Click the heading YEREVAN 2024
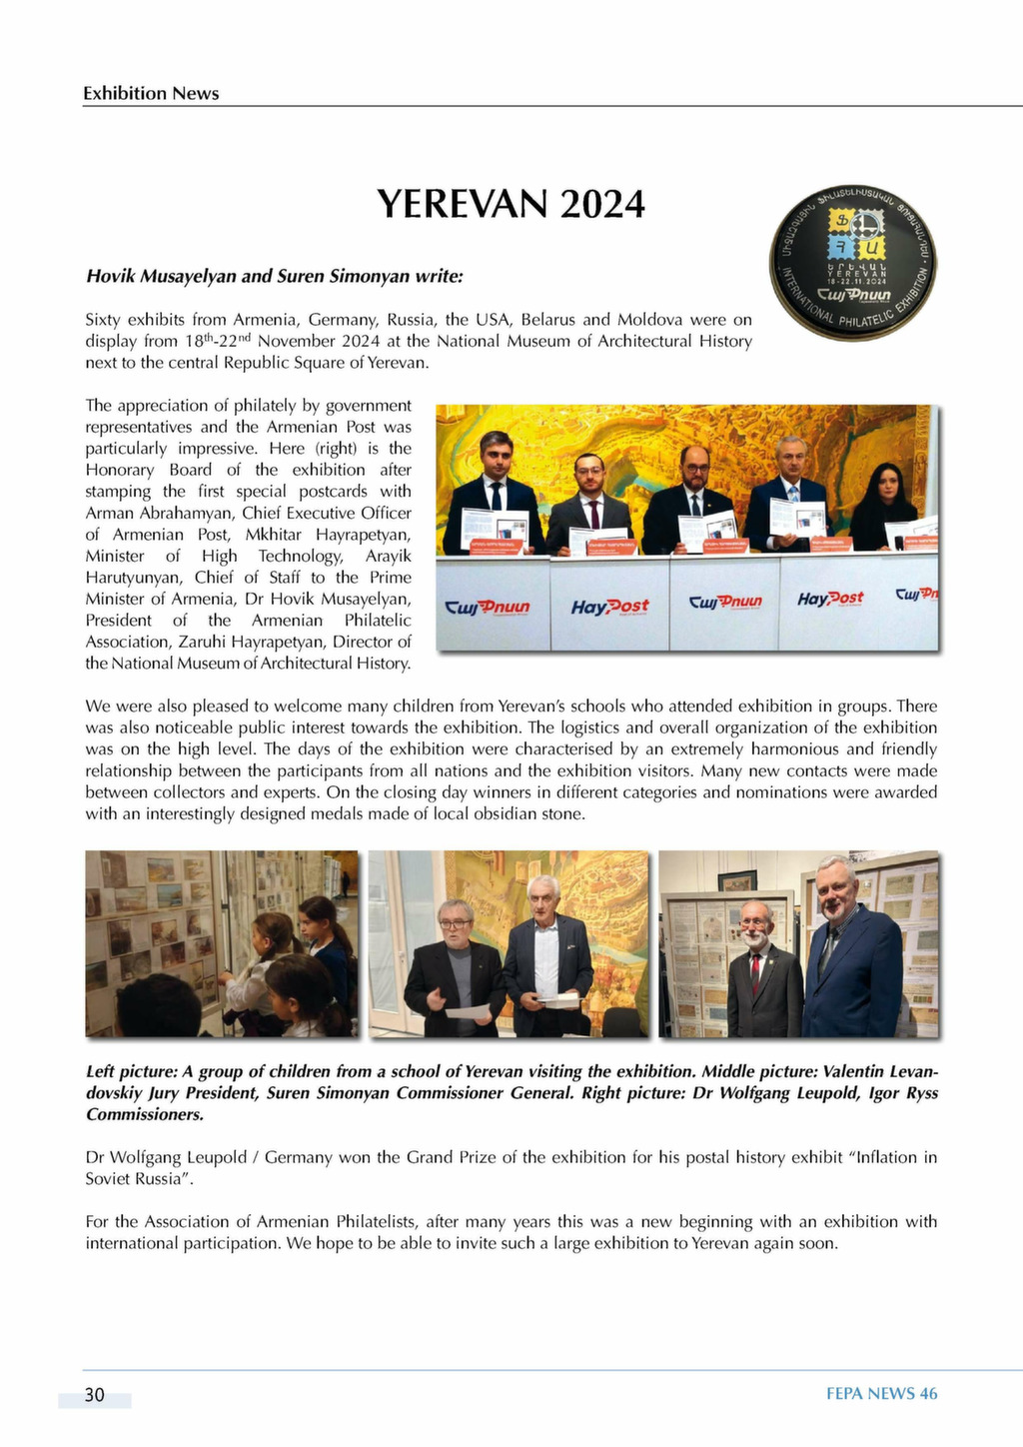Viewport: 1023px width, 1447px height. pos(511,204)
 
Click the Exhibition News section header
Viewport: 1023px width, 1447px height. pos(151,93)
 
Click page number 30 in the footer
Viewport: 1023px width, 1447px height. pos(94,1395)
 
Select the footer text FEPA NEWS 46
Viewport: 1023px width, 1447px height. pos(881,1394)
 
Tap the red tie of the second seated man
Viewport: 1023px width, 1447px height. pos(593,514)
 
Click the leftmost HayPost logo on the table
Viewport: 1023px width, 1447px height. pos(609,607)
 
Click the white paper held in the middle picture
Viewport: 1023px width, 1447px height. pos(468,1011)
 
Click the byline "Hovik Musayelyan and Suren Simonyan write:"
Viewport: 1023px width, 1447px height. pos(274,275)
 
